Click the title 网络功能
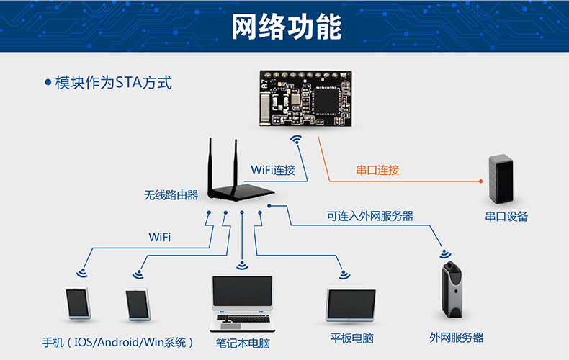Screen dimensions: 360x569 286,27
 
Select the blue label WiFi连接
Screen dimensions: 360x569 273,171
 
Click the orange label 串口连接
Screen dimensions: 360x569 377,171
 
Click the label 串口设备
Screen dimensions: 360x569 506,216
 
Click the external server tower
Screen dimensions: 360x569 452,290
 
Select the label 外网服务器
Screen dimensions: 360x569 456,337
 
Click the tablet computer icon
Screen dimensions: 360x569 351,305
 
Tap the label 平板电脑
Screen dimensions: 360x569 351,338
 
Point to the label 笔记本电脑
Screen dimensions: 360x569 243,343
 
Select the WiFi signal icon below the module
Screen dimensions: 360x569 295,138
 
